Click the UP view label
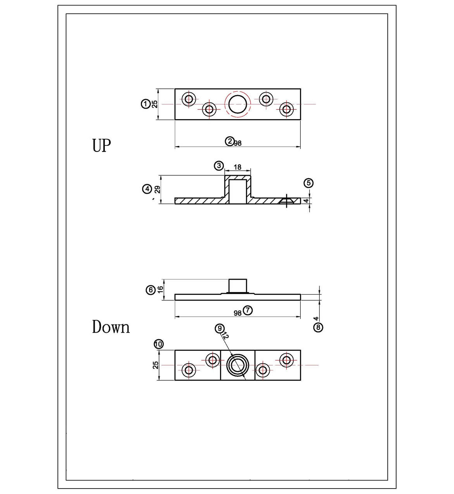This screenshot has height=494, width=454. (x=101, y=146)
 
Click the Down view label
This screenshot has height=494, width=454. (x=111, y=327)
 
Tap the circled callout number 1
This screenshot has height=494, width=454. (x=145, y=104)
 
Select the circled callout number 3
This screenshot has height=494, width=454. (x=219, y=166)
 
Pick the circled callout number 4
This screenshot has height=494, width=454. (x=147, y=189)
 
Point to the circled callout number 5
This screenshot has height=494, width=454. (x=308, y=183)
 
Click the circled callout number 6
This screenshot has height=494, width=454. (x=151, y=290)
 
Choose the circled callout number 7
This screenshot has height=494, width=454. (x=248, y=310)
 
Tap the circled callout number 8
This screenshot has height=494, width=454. (x=318, y=327)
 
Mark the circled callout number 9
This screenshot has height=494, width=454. (x=220, y=328)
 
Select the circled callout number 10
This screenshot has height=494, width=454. (x=159, y=344)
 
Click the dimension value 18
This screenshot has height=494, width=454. (x=237, y=167)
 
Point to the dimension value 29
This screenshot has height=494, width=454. (x=157, y=189)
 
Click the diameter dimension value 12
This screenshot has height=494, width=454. (x=226, y=336)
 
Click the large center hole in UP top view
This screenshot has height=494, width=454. (x=237, y=104)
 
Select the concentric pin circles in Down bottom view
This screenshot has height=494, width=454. (x=237, y=365)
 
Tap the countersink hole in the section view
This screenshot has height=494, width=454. (x=287, y=200)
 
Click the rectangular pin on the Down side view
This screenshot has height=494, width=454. (x=237, y=286)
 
